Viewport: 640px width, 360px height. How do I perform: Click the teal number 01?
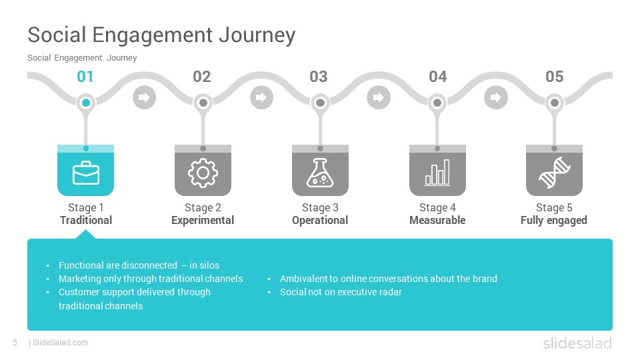click(x=85, y=77)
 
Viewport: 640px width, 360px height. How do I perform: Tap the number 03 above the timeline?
click(x=319, y=77)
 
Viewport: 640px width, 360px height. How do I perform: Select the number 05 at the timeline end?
click(x=554, y=77)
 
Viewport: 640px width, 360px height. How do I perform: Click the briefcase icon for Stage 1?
click(x=86, y=173)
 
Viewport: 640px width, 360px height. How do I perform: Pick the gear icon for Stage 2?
click(x=203, y=173)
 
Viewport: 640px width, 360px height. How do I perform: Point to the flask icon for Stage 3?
click(x=320, y=173)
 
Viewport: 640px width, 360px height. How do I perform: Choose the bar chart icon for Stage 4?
click(x=437, y=173)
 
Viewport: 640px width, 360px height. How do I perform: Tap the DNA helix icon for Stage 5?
click(x=554, y=173)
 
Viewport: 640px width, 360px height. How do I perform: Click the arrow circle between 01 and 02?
click(x=144, y=97)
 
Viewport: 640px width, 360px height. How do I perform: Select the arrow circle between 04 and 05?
click(x=496, y=97)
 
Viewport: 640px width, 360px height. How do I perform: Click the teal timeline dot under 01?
click(x=86, y=103)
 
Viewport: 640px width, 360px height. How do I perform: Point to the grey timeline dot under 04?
click(x=437, y=103)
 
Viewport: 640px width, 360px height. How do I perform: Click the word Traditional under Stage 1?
click(x=86, y=221)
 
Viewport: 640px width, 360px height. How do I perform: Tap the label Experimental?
click(x=203, y=221)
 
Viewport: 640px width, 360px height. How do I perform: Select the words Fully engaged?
click(x=554, y=221)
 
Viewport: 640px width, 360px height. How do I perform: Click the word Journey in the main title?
click(x=257, y=35)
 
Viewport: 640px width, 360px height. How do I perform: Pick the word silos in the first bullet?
click(x=210, y=265)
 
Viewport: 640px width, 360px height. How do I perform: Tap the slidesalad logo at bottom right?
click(x=577, y=343)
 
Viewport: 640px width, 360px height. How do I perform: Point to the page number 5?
click(x=15, y=343)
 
